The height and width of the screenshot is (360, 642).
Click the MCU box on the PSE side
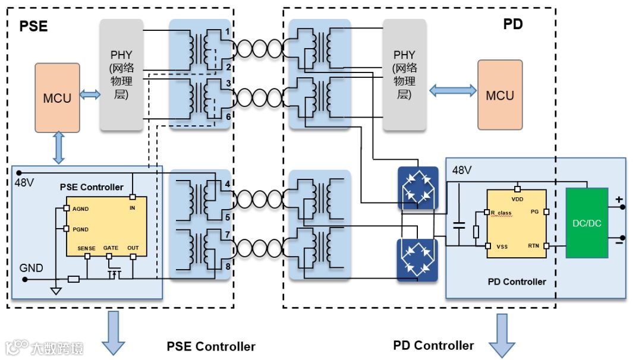(x=57, y=98)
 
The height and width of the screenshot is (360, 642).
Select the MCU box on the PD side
(x=500, y=95)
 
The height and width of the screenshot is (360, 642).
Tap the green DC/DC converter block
(x=587, y=223)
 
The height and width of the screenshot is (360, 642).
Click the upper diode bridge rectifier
(x=418, y=188)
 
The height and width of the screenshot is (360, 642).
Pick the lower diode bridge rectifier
(x=418, y=260)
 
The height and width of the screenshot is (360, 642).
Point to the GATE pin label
(x=111, y=248)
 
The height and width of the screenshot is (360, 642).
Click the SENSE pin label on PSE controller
(x=86, y=248)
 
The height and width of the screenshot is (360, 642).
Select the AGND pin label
(x=81, y=209)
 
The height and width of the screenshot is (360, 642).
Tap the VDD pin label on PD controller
(x=517, y=199)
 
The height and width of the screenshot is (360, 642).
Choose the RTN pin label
(x=533, y=246)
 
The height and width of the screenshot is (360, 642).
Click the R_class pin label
(x=501, y=213)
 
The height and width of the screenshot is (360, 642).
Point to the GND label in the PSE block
(x=31, y=268)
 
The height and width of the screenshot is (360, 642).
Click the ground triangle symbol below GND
(x=56, y=291)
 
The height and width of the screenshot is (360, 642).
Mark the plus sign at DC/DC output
(x=619, y=199)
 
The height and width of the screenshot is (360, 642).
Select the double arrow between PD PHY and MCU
(x=453, y=90)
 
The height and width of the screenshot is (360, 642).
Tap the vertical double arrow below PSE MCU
(x=58, y=148)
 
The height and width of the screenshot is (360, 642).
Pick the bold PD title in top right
(x=513, y=24)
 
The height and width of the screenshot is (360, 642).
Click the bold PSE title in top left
(x=33, y=26)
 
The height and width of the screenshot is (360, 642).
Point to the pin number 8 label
(x=228, y=266)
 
